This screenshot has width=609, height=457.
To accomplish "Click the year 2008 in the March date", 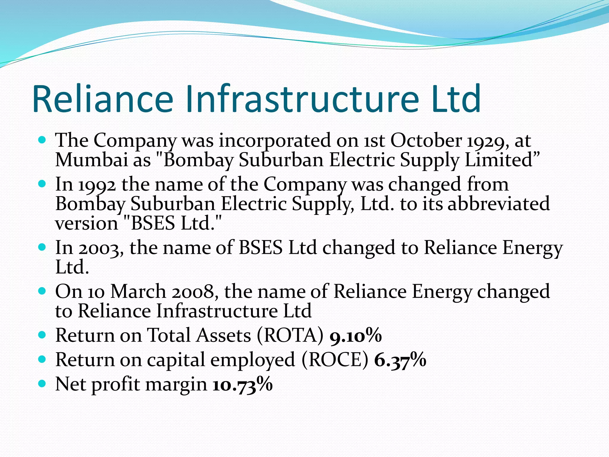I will coord(194,292).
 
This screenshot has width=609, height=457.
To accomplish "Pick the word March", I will coord(138,291).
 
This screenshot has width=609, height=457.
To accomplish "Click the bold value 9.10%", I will coord(356,336).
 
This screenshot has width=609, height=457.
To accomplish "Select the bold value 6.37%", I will coord(400,360).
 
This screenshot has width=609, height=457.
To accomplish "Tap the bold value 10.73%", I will coord(243,385).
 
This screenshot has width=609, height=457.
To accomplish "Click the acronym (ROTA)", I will coord(290,336).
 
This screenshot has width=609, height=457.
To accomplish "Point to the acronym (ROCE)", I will coord(335,360).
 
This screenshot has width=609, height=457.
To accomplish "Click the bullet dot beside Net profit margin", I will coord(42,384).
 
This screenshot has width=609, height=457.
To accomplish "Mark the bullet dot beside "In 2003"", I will coord(42,247).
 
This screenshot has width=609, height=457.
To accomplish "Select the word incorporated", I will coord(275,141).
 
